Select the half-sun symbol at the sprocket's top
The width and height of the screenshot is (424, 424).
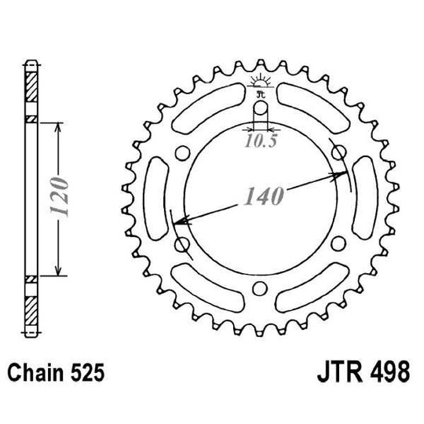[x=261, y=82]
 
